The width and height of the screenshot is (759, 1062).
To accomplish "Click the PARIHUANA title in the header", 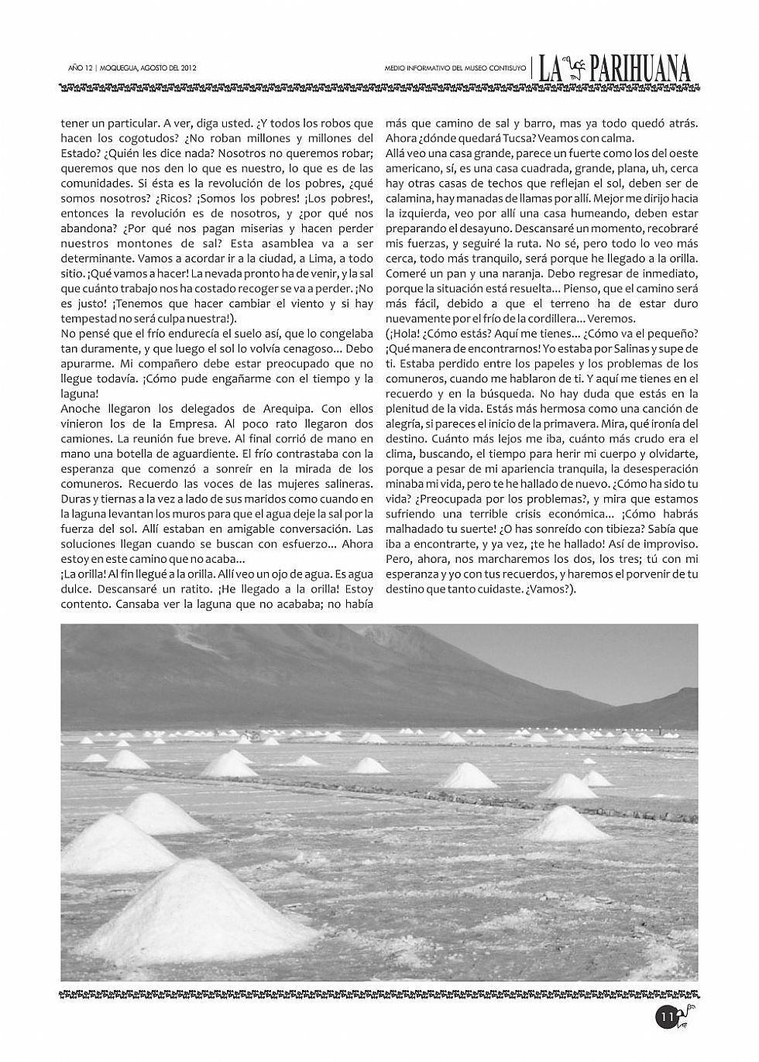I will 641,70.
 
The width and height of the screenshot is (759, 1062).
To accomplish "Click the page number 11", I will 665,1016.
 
